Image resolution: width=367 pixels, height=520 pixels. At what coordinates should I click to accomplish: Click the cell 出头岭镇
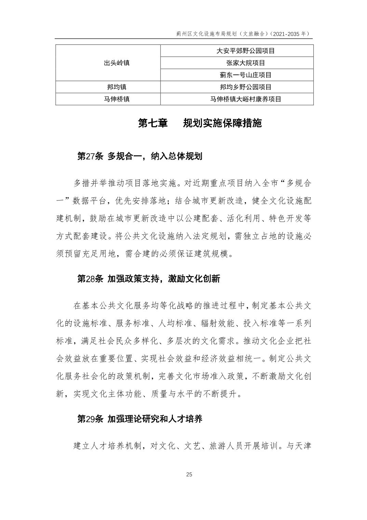tap(117, 63)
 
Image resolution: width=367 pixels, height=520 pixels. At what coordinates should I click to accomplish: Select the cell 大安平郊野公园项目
tap(246, 51)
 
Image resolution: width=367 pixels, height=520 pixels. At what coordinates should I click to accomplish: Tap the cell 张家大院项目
tap(246, 63)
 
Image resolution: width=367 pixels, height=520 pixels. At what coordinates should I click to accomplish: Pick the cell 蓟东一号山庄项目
tap(246, 75)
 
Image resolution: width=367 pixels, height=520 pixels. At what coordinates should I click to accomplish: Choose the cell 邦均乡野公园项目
tap(246, 87)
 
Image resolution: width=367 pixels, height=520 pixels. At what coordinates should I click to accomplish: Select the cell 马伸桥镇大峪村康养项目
tap(246, 99)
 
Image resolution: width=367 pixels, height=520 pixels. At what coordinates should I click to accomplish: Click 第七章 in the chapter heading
tap(153, 123)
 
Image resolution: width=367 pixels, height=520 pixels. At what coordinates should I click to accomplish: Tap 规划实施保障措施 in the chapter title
tap(222, 123)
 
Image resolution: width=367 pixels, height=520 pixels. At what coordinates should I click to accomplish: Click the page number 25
tap(189, 474)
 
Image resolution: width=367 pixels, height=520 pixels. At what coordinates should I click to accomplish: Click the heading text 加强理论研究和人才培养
tap(155, 419)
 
